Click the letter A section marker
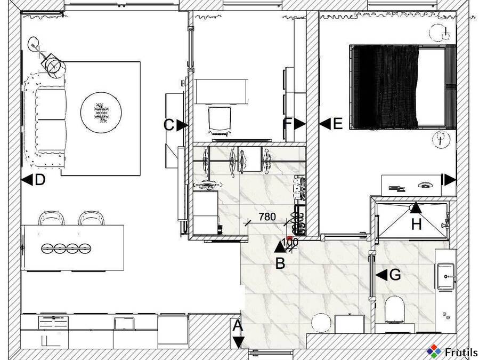point(238,326)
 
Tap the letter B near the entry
point(280,263)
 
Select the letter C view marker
point(168,125)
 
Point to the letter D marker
point(40,180)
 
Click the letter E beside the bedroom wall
point(338,124)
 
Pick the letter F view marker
point(288,124)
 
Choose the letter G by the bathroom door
point(395,274)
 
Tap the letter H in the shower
point(416,224)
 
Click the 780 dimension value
point(267,217)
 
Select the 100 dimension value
point(290,242)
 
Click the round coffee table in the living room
point(101,112)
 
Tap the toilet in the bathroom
point(395,309)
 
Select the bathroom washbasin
point(446,276)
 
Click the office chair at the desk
point(220,120)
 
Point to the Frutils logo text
point(461,353)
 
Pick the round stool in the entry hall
point(320,323)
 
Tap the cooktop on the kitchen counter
point(53,322)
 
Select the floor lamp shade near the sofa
point(54,66)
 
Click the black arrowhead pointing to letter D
point(27,180)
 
